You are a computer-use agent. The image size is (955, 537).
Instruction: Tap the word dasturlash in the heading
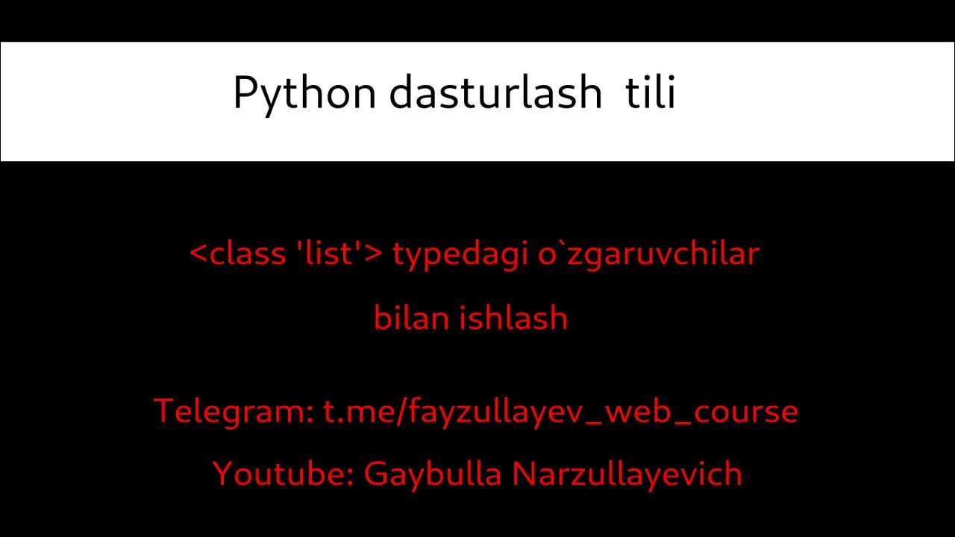[x=495, y=92]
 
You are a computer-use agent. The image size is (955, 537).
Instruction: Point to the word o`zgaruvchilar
[x=648, y=254]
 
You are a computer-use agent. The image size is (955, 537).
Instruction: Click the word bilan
[x=411, y=318]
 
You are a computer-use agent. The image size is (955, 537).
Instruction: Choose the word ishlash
[x=513, y=318]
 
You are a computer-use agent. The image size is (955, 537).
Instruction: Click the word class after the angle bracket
[x=248, y=253]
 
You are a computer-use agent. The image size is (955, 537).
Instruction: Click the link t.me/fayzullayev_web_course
[x=560, y=411]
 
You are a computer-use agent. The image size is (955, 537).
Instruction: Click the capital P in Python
[x=244, y=92]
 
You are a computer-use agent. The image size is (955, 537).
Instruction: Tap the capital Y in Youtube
[x=222, y=474]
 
